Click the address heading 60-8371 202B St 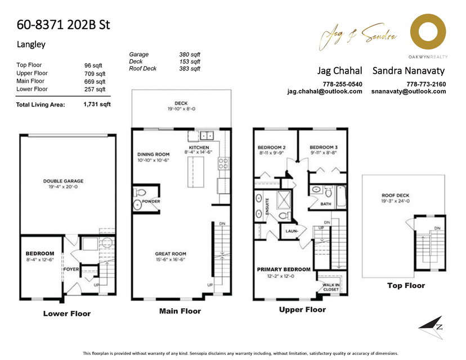[x=63, y=25]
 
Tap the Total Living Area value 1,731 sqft [x=97, y=104]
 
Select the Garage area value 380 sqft [x=190, y=55]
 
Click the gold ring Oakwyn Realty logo [x=428, y=31]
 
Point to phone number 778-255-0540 [x=342, y=84]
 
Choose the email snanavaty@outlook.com [x=409, y=92]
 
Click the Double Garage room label [x=63, y=181]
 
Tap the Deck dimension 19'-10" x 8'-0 [x=181, y=109]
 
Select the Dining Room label [x=153, y=155]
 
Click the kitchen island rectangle [x=195, y=172]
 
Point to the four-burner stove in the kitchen [x=223, y=163]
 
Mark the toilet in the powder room [x=140, y=193]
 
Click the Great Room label [x=171, y=254]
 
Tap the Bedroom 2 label [x=272, y=147]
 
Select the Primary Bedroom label [x=284, y=269]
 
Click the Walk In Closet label [x=331, y=287]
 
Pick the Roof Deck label [x=395, y=195]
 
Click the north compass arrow [x=431, y=327]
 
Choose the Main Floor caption [x=180, y=311]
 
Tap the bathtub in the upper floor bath [x=342, y=197]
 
